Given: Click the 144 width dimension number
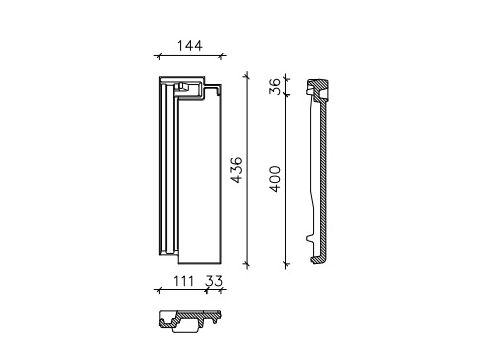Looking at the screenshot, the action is click(189, 46).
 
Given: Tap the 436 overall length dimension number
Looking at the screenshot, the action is click(237, 170).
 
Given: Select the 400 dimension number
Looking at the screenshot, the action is click(275, 179).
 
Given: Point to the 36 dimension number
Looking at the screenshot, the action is click(275, 86).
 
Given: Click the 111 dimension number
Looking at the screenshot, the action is click(183, 281).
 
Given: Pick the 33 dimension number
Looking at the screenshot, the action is click(214, 281).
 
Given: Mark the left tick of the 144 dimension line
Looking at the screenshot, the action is click(159, 56).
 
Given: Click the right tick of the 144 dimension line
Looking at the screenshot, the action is click(221, 56).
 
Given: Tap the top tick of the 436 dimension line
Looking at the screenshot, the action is click(247, 77).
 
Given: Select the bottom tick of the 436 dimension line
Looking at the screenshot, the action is click(247, 265).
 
